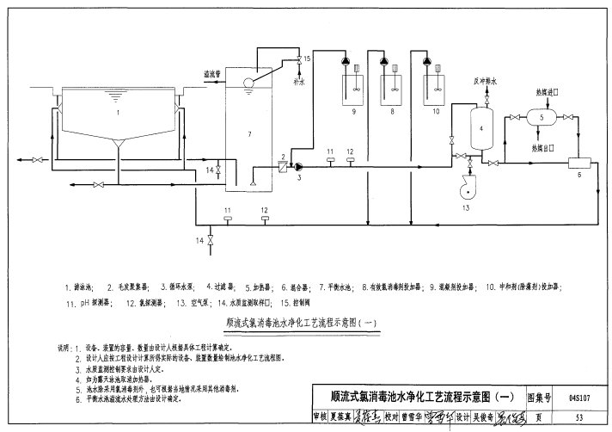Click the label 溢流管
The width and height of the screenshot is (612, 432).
[214, 74]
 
